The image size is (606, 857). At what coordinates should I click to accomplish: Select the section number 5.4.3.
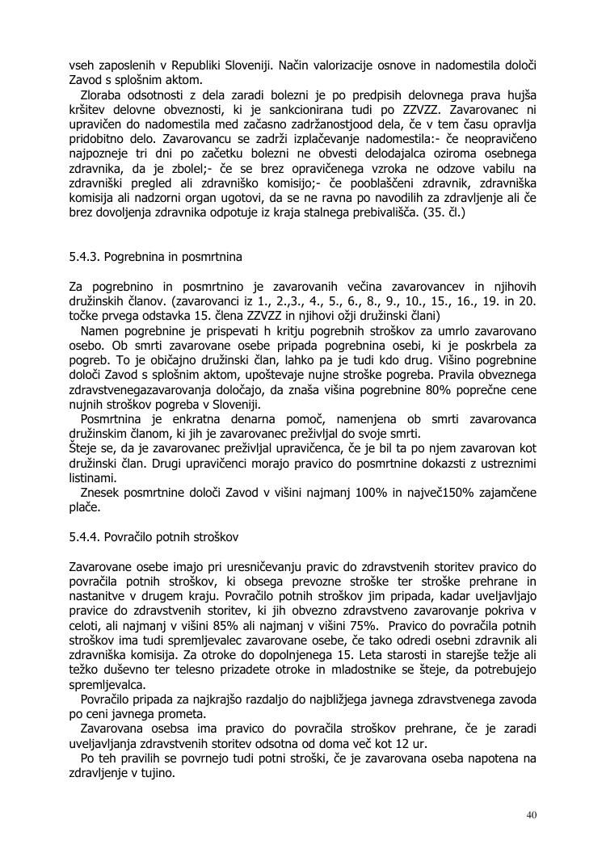tap(86, 258)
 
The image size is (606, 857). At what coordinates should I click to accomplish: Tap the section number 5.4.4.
tap(86, 536)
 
